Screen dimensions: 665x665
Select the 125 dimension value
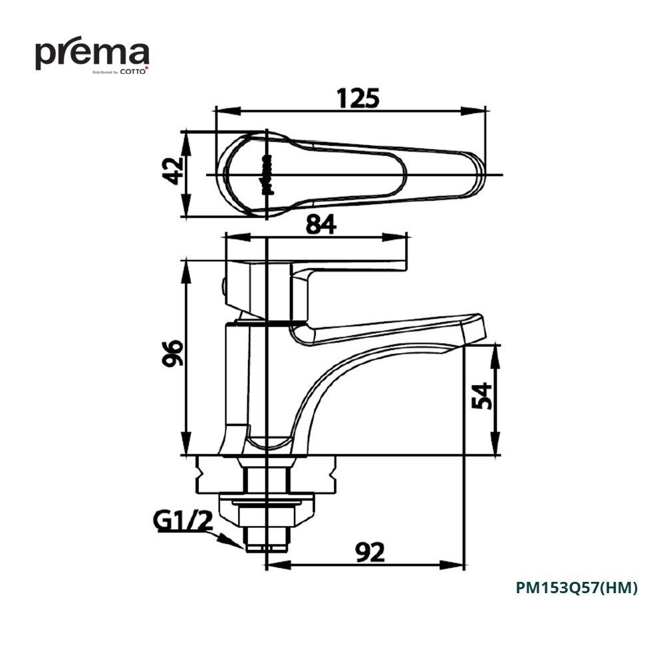(x=358, y=98)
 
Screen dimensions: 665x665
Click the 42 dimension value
(x=173, y=171)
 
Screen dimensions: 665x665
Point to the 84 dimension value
(x=321, y=224)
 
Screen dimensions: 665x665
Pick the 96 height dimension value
(x=173, y=353)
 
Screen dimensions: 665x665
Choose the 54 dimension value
(x=482, y=396)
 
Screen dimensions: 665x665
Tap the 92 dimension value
(x=370, y=552)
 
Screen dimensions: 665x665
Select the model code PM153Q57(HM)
(x=577, y=588)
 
